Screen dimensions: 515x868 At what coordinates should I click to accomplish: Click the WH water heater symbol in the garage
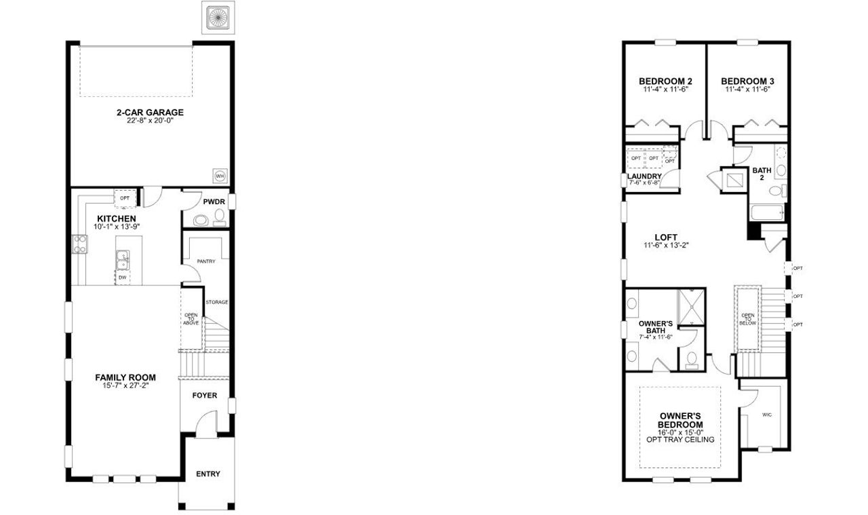pos(220,176)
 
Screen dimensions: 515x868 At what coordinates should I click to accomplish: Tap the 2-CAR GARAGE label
pos(149,113)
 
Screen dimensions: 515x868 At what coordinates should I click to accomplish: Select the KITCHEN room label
pos(112,218)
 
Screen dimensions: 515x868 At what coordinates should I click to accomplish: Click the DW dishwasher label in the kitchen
pos(123,277)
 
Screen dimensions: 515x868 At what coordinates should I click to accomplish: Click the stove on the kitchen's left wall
pos(79,244)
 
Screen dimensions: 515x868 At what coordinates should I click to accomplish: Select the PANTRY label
pos(205,261)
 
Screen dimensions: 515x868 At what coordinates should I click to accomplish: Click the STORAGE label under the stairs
pos(217,302)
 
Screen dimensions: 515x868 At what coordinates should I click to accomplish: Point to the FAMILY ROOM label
pos(125,377)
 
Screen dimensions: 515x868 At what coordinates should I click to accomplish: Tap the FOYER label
pos(205,395)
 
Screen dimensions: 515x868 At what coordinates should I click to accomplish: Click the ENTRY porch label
pos(208,474)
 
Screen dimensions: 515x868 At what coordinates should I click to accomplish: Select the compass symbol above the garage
pos(218,18)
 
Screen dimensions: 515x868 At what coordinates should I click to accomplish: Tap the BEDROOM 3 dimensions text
pos(747,90)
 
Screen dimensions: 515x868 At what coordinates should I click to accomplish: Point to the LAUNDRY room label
pos(644,176)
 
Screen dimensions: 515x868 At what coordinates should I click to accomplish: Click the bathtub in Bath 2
pos(766,212)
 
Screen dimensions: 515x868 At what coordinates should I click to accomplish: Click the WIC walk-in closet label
pos(767,414)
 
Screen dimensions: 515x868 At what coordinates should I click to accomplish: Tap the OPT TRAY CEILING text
pos(680,440)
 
